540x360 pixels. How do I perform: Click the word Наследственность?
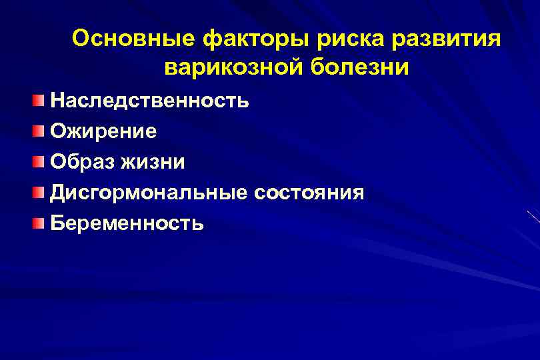pos(150,101)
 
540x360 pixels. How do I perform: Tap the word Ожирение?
pos(104,131)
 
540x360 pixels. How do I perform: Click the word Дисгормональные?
pos(149,193)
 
